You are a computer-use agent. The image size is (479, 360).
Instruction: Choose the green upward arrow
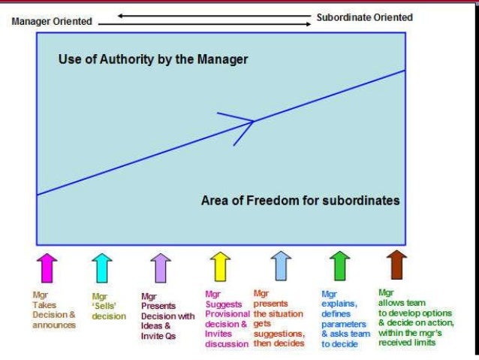339,266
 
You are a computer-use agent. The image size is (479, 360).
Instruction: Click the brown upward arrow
396,265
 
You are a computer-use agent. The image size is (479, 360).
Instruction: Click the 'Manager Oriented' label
52,22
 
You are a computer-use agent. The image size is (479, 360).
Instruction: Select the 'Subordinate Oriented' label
363,17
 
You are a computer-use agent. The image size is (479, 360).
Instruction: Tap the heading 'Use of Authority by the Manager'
153,59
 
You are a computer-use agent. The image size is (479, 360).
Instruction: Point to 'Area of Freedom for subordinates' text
300,201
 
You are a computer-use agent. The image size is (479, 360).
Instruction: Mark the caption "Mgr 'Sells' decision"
109,307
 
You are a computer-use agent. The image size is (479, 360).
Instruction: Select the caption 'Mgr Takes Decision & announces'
53,310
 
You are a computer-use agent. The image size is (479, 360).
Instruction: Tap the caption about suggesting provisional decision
226,319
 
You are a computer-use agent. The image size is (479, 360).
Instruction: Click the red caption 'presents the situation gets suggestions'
279,318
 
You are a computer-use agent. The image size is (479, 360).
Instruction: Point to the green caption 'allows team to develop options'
415,317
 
